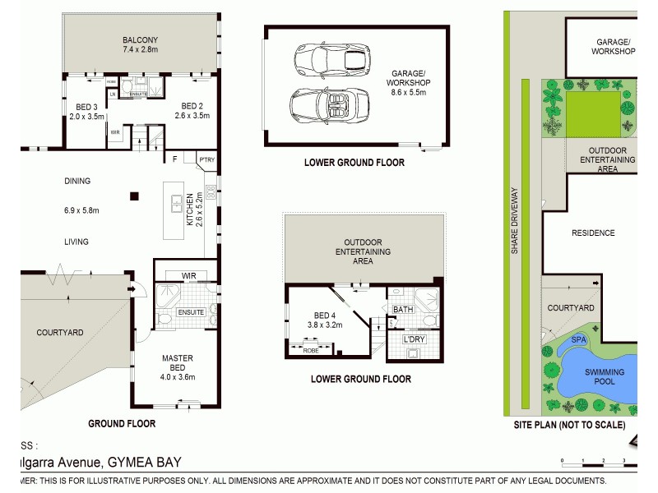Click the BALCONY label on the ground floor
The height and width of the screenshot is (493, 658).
pos(140,39)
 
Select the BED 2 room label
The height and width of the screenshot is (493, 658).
pos(192,106)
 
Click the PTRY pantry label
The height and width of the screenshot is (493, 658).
pos(206,159)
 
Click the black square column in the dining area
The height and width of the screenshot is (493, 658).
pos(135,196)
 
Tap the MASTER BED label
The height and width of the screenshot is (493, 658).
pos(177,362)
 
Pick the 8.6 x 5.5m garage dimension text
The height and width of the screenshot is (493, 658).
pos(408,92)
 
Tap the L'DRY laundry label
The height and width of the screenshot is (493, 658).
pos(412,339)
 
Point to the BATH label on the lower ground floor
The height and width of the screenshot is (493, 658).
pos(403,309)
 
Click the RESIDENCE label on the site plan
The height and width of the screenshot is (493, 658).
pos(593,233)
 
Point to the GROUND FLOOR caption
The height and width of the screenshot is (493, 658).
pos(122,424)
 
